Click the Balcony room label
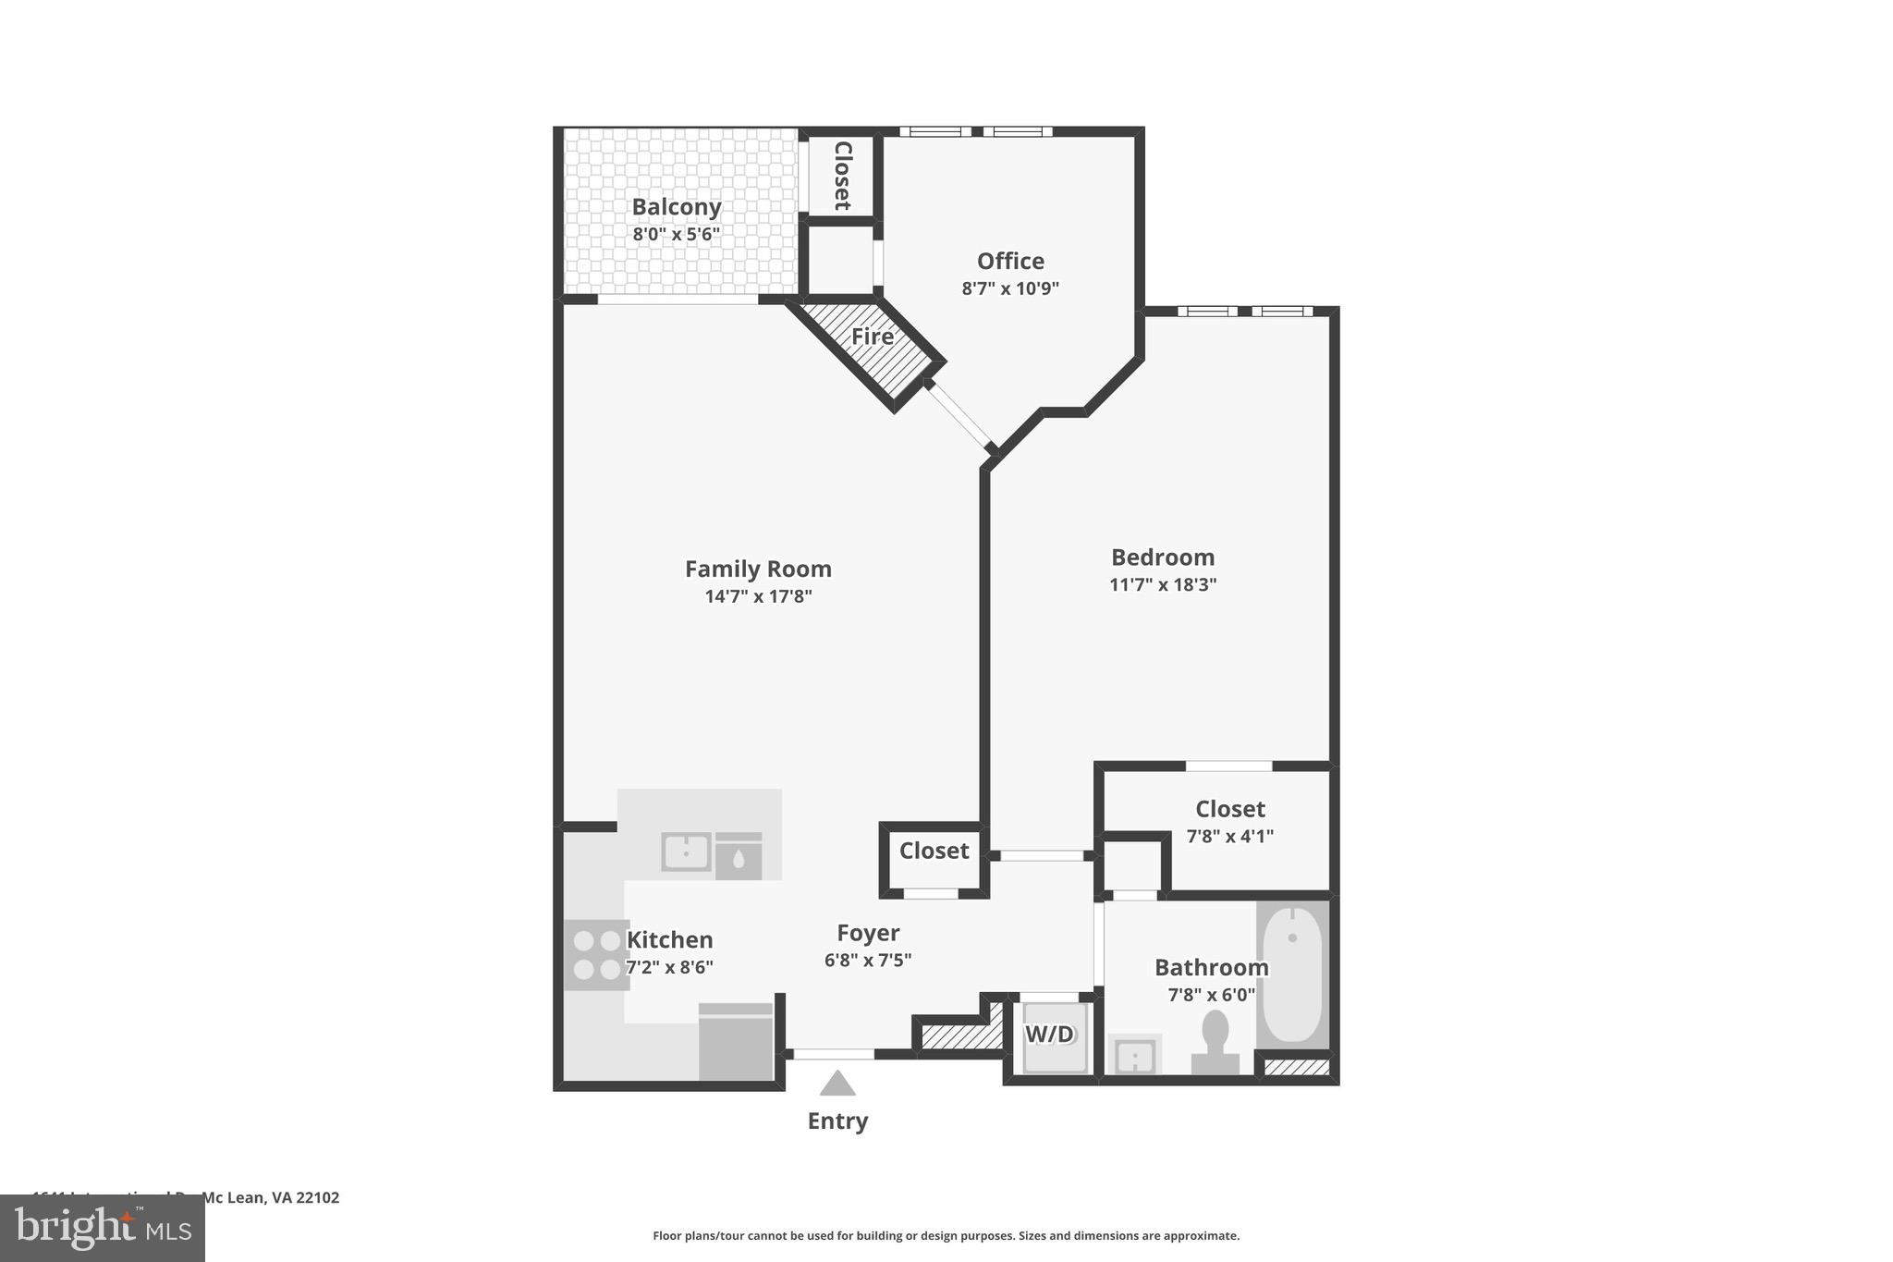[x=676, y=207]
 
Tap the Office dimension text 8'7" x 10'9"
[x=1009, y=288]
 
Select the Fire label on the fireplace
[x=872, y=337]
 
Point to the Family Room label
[x=758, y=569]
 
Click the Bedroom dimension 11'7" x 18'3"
[x=1162, y=584]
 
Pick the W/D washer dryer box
[x=1051, y=1035]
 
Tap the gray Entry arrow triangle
[x=837, y=1084]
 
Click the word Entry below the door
[x=837, y=1121]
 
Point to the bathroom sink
[x=1134, y=1055]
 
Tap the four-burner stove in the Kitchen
[x=596, y=955]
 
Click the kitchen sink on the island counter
[x=686, y=852]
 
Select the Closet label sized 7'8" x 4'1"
[x=1229, y=809]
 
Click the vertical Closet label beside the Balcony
[x=842, y=175]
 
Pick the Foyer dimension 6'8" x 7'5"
[x=867, y=961]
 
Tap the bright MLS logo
[x=103, y=1228]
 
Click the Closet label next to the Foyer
[x=934, y=851]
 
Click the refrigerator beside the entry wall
[x=736, y=1042]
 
